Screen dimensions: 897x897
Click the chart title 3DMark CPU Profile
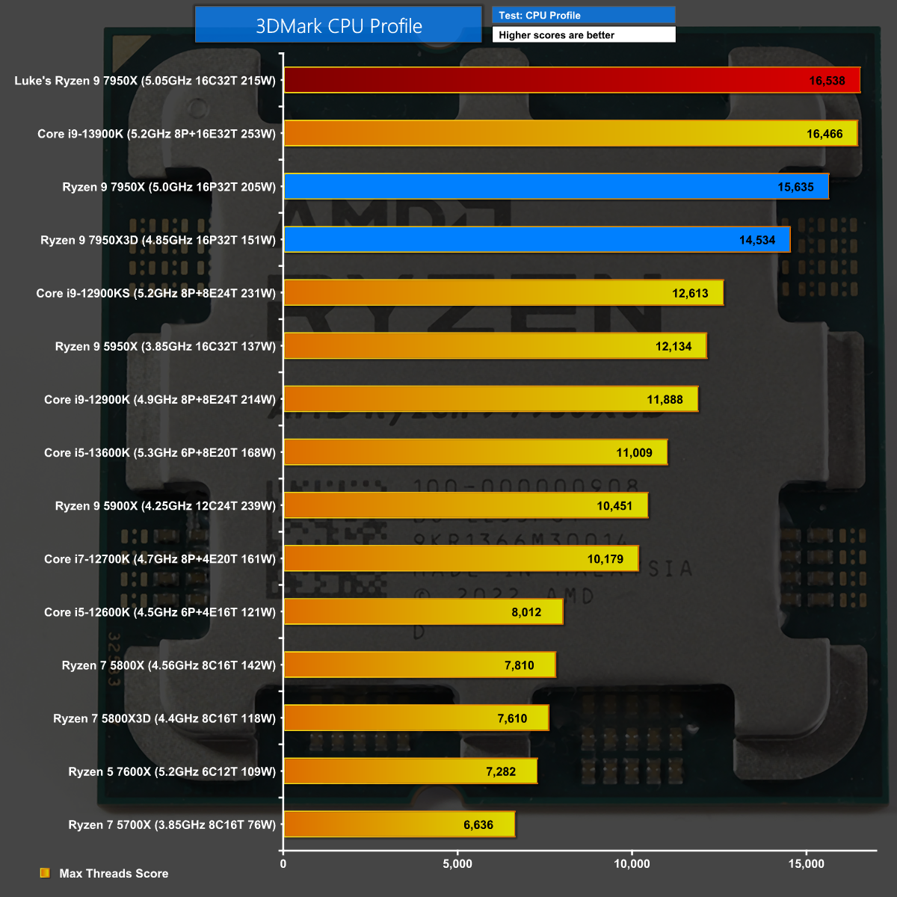(x=339, y=26)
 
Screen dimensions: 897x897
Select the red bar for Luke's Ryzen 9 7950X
(x=572, y=81)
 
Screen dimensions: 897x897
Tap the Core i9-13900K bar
(x=570, y=134)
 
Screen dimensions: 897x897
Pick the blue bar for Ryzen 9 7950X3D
(x=537, y=240)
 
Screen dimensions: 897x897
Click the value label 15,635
(x=795, y=187)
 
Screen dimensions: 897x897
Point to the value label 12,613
(x=690, y=293)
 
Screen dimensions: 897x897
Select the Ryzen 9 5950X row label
(x=165, y=346)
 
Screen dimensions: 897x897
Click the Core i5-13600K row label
(x=160, y=452)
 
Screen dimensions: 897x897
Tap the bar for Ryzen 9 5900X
(x=466, y=505)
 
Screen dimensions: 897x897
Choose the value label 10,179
(x=605, y=559)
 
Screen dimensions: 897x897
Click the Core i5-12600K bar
(x=423, y=612)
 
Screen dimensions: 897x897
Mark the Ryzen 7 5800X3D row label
(x=164, y=718)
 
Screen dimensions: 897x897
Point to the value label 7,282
(x=501, y=771)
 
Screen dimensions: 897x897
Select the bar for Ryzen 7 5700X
(x=399, y=824)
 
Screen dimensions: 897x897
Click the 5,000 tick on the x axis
(x=457, y=864)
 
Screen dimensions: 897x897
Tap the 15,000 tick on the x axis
(x=806, y=864)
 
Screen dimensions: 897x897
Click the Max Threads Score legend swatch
(x=45, y=873)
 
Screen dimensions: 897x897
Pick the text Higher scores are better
(x=556, y=35)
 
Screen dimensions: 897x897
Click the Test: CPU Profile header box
(x=583, y=15)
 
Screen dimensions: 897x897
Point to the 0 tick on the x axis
(x=283, y=864)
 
